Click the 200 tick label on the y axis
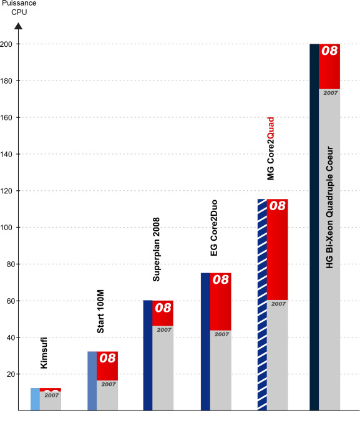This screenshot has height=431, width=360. [6, 44]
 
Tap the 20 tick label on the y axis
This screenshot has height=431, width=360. [11, 374]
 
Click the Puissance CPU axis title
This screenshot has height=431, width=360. [19, 7]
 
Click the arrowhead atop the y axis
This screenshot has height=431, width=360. [19, 26]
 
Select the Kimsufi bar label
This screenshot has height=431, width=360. [44, 353]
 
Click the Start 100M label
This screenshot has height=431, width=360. [100, 311]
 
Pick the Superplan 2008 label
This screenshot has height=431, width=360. [156, 249]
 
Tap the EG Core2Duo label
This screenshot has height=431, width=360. [213, 228]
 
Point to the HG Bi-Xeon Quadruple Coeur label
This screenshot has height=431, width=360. [329, 207]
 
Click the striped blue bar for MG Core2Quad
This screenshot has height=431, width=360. [262, 304]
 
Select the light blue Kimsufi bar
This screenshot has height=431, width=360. [35, 399]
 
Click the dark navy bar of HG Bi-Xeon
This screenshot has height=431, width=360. [314, 227]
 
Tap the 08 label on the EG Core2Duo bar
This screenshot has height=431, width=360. [221, 279]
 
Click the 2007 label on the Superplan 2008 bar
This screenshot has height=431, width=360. [164, 330]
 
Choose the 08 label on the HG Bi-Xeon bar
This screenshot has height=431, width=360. [329, 51]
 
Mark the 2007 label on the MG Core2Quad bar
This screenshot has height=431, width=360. [279, 304]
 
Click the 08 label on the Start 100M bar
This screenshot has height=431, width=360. [107, 358]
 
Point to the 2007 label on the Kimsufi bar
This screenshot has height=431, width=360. [52, 395]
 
